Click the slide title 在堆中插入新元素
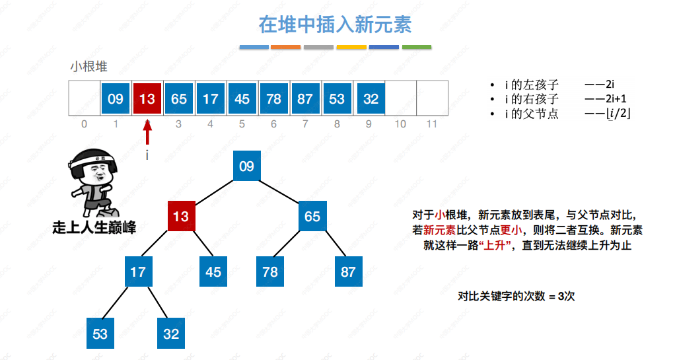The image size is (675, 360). coord(335,24)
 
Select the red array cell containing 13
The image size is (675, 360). coord(147,99)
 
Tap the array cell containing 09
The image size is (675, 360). coord(116,99)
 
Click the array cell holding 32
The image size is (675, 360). coord(371,99)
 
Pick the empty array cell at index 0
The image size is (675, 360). coord(84,99)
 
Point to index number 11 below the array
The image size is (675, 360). coord(432,124)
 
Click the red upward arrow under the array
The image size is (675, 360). coord(147,131)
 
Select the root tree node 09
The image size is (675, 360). coord(246,166)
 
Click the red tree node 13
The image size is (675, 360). coord(180,216)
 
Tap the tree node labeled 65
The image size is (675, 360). coord(312,216)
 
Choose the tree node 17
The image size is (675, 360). coord(137,271)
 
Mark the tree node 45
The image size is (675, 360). coord(213,271)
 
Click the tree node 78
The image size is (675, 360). coord(270,271)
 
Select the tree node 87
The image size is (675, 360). coord(347,271)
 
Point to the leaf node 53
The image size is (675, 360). coord(100,334)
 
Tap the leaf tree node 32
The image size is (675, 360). coord(171,334)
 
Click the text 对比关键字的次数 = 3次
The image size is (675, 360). coord(516,297)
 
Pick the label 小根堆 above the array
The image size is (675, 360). coord(89,67)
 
